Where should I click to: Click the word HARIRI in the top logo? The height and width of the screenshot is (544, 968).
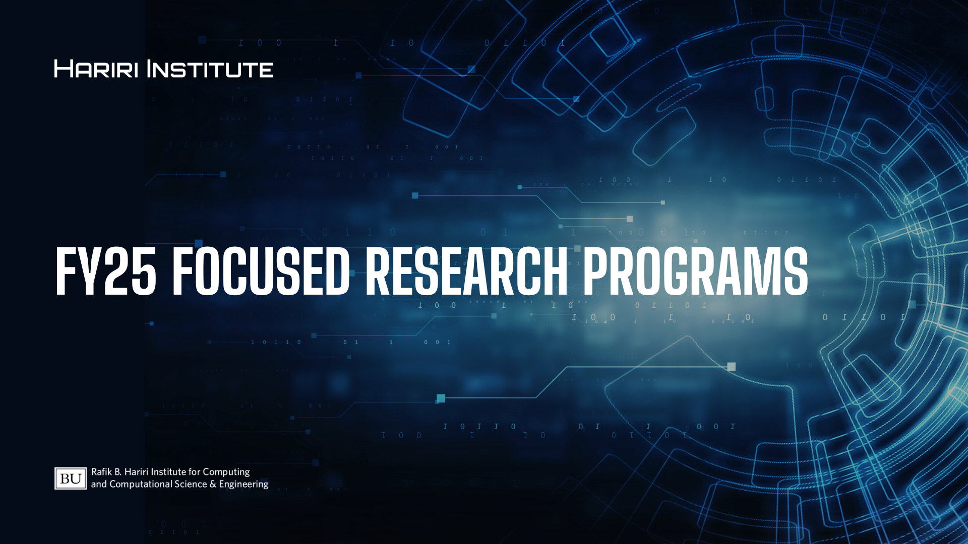[x=96, y=69]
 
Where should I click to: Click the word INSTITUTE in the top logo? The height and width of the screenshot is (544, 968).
[x=210, y=69]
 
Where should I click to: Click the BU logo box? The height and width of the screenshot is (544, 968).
[x=71, y=478]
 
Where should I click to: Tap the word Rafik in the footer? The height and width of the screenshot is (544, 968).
[x=101, y=471]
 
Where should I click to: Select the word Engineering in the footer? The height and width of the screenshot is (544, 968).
[x=244, y=485]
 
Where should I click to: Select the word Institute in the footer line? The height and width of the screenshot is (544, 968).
[x=168, y=471]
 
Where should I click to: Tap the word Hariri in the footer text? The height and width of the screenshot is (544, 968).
[x=136, y=471]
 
